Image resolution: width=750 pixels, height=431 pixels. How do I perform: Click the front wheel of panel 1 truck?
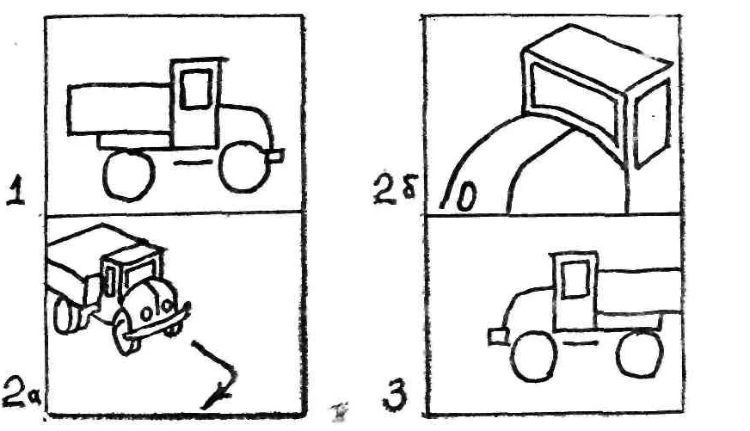(241, 169)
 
